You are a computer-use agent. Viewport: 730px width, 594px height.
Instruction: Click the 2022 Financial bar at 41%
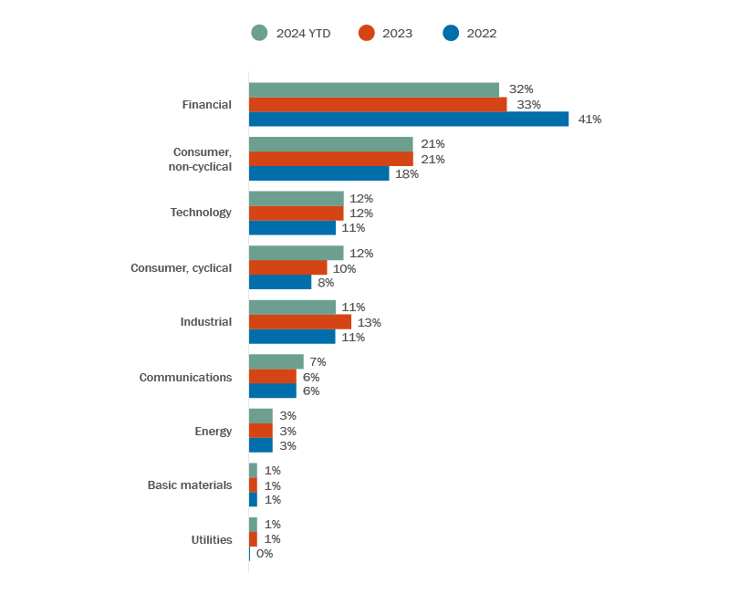(x=408, y=120)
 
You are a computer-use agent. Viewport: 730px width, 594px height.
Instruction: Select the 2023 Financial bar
(x=377, y=105)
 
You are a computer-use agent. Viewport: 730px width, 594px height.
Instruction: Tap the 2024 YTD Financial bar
(x=373, y=89)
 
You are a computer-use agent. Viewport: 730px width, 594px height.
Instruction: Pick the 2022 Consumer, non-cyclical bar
(x=318, y=173)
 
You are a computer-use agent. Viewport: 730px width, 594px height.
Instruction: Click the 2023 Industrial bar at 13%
(x=299, y=322)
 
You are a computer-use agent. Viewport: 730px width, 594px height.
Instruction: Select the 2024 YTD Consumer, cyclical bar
(x=296, y=253)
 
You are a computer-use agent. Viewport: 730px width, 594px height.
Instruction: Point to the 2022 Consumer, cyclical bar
(x=280, y=283)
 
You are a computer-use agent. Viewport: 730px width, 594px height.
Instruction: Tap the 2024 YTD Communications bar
(x=276, y=361)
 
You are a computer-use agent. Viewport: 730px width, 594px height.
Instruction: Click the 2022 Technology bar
(x=292, y=228)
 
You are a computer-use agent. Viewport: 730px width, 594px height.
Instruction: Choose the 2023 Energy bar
(x=260, y=431)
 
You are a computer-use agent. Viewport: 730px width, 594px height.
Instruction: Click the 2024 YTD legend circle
(x=259, y=33)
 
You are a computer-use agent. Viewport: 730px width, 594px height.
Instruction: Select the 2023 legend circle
(x=367, y=33)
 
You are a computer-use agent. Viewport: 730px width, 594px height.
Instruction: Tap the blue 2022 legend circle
(x=451, y=33)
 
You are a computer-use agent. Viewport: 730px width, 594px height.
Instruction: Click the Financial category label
(x=206, y=105)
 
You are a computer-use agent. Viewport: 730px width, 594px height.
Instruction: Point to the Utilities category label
(x=212, y=539)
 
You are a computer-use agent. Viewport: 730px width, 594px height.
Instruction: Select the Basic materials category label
(x=190, y=485)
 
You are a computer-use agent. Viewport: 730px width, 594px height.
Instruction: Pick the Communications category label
(x=185, y=377)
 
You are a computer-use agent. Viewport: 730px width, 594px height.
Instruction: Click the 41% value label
(x=589, y=120)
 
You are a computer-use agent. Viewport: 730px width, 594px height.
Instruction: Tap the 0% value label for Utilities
(x=265, y=554)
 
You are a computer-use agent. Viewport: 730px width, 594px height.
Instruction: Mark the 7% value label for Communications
(x=318, y=362)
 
